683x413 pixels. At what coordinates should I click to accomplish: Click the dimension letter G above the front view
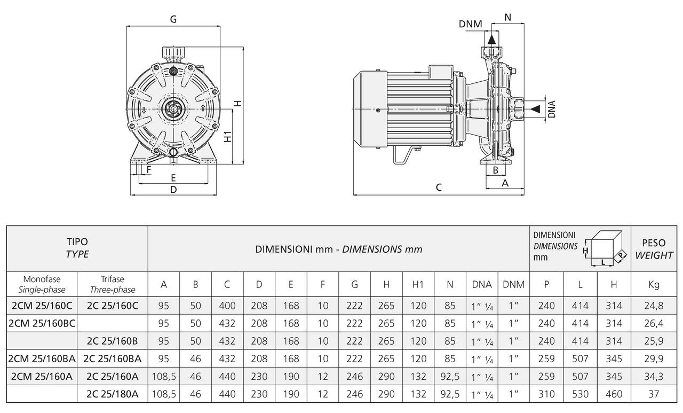pyautogui.click(x=173, y=19)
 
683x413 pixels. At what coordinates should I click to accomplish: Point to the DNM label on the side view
pyautogui.click(x=470, y=24)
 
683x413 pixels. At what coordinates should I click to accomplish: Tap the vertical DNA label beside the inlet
pyautogui.click(x=552, y=109)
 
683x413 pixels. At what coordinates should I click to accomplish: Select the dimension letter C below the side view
pyautogui.click(x=439, y=187)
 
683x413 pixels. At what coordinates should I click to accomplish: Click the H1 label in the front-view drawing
pyautogui.click(x=228, y=136)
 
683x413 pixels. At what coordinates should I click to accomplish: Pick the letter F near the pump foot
pyautogui.click(x=149, y=170)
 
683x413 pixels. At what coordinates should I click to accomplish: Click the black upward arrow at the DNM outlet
pyautogui.click(x=491, y=39)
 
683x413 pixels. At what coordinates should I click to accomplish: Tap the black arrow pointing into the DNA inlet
pyautogui.click(x=535, y=109)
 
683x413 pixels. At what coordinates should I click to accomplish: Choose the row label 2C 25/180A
pyautogui.click(x=113, y=394)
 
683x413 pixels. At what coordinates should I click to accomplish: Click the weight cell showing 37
pyautogui.click(x=654, y=394)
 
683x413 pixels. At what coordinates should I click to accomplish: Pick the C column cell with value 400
pyautogui.click(x=227, y=306)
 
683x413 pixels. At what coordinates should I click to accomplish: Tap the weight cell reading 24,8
pyautogui.click(x=654, y=306)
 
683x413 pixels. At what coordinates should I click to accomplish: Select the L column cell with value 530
pyautogui.click(x=581, y=394)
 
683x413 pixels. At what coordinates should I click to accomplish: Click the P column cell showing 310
pyautogui.click(x=546, y=394)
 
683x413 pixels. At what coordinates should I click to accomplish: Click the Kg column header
pyautogui.click(x=654, y=285)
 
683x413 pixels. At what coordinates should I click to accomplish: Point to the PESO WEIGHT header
pyautogui.click(x=654, y=249)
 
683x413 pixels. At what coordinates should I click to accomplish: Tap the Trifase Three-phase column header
pyautogui.click(x=113, y=285)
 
